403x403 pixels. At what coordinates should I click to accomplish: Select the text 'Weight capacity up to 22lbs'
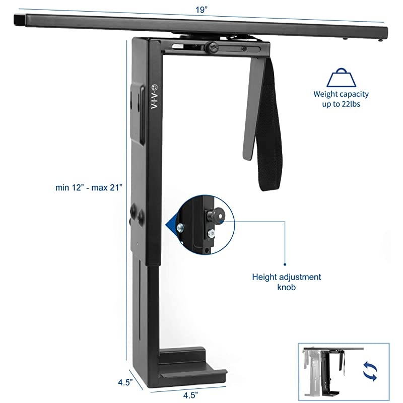341,98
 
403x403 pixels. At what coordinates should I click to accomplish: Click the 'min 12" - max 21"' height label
89,186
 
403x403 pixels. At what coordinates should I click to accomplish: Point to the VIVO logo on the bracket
155,96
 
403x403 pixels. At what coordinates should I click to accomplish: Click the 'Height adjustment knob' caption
287,282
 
